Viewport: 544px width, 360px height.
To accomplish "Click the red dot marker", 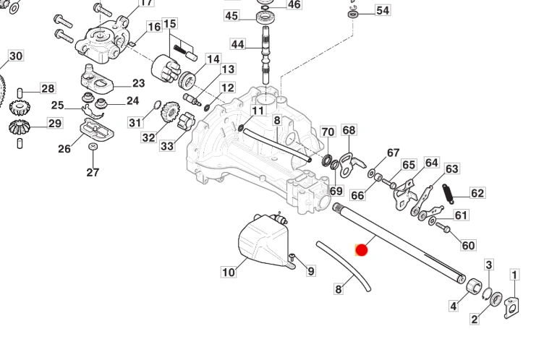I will coord(362,250).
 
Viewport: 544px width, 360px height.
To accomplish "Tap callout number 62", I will coord(477,193).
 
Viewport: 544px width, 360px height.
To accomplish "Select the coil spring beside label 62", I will coord(448,193).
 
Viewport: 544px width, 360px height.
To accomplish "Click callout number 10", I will coord(229,273).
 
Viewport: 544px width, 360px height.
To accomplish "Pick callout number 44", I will coord(238,44).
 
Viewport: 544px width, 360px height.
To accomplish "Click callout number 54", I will coord(382,10).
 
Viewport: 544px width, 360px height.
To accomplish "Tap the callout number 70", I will coord(328,132).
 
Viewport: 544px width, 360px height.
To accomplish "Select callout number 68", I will coord(349,130).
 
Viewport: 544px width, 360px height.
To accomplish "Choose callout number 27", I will coord(92,172).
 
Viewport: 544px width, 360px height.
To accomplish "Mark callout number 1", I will coord(515,275).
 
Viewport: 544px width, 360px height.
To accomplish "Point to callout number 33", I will coord(167,146).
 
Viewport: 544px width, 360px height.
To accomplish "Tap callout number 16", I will coord(154,27).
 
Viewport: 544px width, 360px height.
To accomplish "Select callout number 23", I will coord(138,83).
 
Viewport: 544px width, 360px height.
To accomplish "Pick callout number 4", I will coord(454,306).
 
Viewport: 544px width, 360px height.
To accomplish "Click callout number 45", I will coord(231,15).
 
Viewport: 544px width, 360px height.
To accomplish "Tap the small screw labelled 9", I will coord(292,257).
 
